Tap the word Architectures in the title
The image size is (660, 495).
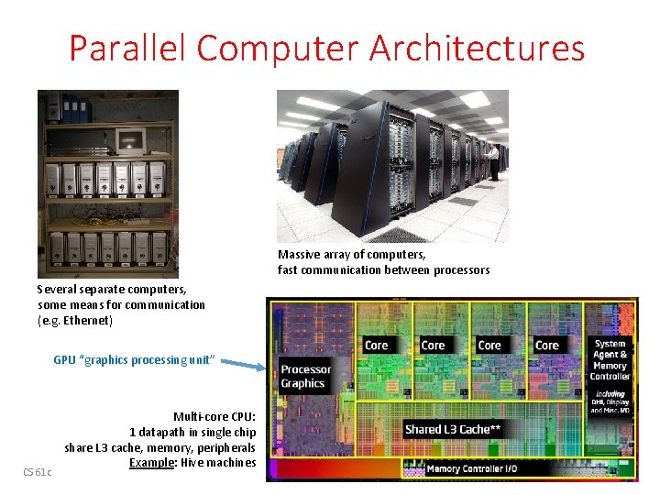477,48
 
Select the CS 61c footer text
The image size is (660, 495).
38,472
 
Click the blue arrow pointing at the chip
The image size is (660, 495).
246,365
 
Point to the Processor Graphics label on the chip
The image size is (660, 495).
305,376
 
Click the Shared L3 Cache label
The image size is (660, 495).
453,429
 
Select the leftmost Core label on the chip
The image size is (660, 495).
377,346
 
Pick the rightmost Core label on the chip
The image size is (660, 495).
547,346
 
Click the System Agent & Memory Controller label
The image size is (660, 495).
610,360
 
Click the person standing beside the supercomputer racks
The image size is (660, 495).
494,161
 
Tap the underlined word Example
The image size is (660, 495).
152,463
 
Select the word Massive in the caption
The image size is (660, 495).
299,254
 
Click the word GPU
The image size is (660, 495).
64,360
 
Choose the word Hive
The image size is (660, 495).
192,463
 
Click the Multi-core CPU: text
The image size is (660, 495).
214,417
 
